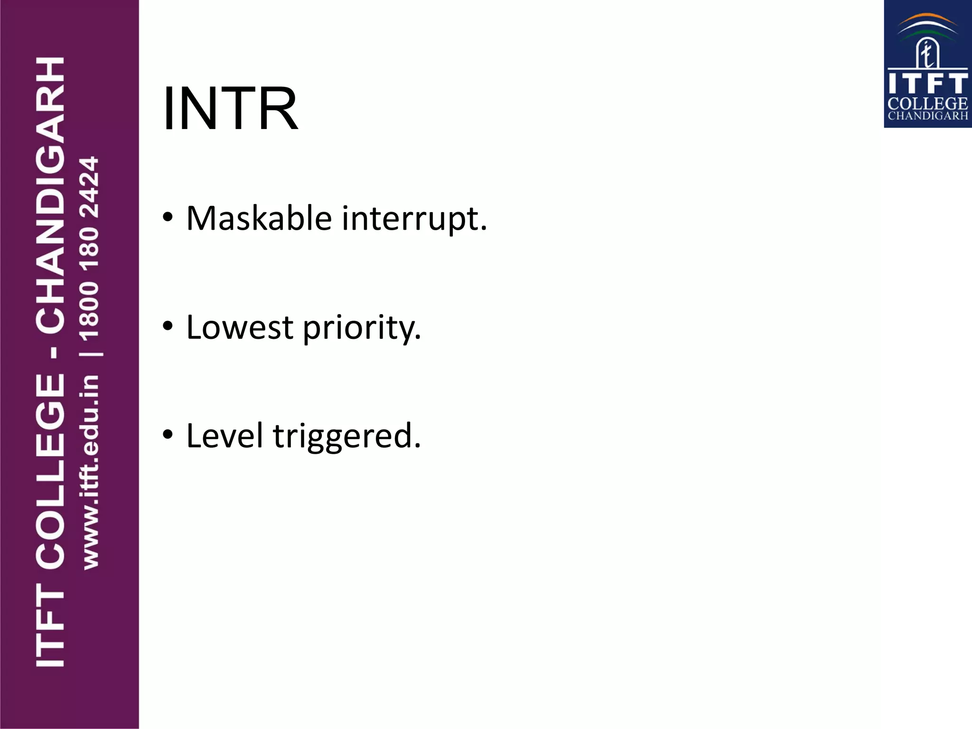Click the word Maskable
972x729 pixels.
(x=259, y=219)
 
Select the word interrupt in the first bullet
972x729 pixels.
(x=414, y=219)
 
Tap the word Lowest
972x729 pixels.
(x=240, y=327)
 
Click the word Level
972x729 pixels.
(x=224, y=436)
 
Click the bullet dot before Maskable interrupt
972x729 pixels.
(x=167, y=217)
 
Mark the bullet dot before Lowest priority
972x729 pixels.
(x=167, y=326)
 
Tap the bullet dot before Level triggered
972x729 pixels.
(x=167, y=434)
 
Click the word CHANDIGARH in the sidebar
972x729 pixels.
(x=50, y=195)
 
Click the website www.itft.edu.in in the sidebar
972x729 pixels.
(x=90, y=472)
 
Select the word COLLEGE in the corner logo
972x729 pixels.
(x=927, y=103)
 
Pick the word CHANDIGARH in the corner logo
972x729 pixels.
(x=927, y=116)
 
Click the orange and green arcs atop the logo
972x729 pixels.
(x=928, y=26)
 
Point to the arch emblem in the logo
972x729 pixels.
(x=927, y=55)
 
